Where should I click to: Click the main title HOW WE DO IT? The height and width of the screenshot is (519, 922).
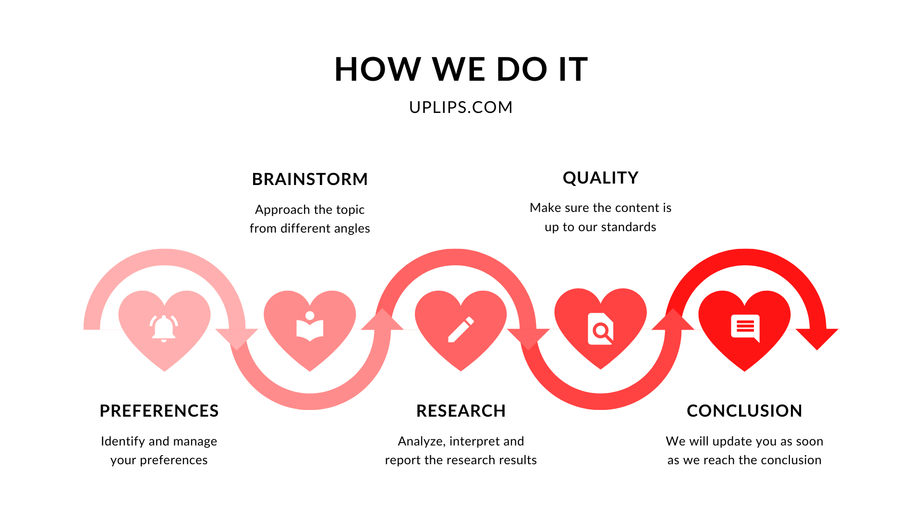pyautogui.click(x=461, y=69)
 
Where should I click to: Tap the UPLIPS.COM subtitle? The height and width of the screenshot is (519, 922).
pyautogui.click(x=461, y=107)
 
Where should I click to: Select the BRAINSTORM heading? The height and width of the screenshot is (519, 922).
pyautogui.click(x=310, y=179)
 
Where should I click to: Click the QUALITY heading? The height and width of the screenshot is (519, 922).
pyautogui.click(x=600, y=178)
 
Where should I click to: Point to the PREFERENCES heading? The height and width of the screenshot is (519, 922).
pyautogui.click(x=159, y=411)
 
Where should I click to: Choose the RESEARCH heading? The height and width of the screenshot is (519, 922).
pyautogui.click(x=461, y=411)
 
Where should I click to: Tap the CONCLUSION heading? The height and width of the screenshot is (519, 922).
pyautogui.click(x=744, y=411)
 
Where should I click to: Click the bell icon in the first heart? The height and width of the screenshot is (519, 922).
pyautogui.click(x=164, y=328)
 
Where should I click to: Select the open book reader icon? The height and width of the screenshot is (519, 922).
pyautogui.click(x=310, y=326)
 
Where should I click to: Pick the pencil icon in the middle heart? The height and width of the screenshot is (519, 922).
pyautogui.click(x=461, y=330)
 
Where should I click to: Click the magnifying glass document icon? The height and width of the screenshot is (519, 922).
pyautogui.click(x=601, y=329)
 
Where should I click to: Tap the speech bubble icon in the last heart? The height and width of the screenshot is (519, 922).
pyautogui.click(x=745, y=328)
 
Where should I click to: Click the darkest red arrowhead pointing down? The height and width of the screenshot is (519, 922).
pyautogui.click(x=817, y=338)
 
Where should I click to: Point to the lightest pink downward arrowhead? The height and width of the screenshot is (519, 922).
pyautogui.click(x=237, y=338)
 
